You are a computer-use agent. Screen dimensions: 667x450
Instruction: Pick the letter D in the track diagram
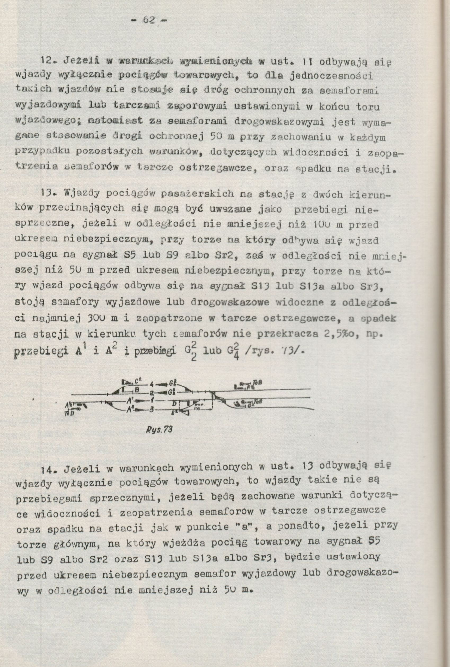click(x=174, y=404)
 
